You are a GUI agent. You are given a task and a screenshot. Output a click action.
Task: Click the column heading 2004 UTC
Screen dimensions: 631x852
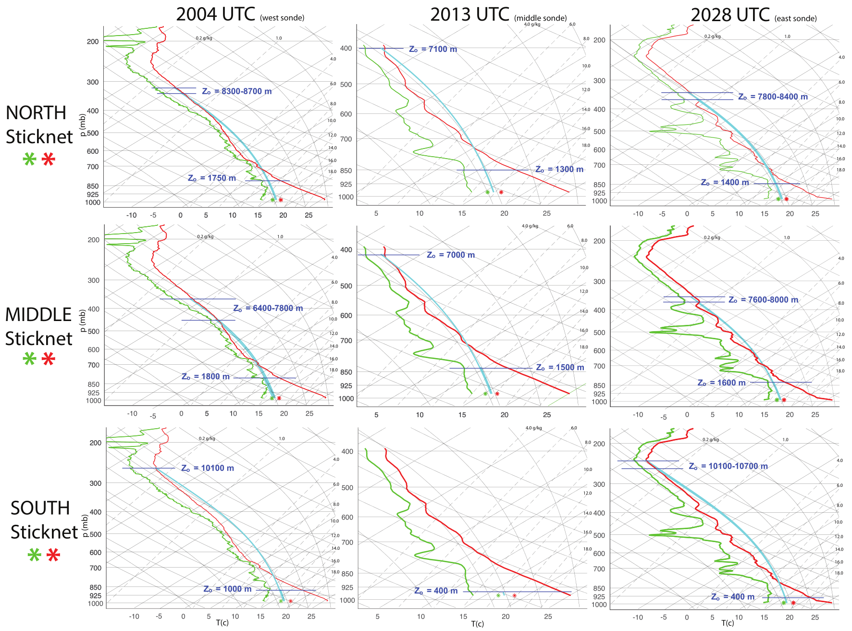(x=215, y=14)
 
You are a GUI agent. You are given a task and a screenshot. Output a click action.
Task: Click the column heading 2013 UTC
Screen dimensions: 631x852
(x=469, y=15)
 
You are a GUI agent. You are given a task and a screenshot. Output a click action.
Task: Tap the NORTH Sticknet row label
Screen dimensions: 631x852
(x=38, y=124)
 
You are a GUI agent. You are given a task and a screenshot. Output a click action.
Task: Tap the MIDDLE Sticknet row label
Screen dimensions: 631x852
(x=38, y=326)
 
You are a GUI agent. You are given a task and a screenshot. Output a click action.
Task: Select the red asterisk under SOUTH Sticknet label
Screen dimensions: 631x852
(x=53, y=556)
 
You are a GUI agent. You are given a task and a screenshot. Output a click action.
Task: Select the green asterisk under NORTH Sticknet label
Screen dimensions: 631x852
(x=30, y=160)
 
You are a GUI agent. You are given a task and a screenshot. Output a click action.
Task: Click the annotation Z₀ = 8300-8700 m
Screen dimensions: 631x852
(x=236, y=91)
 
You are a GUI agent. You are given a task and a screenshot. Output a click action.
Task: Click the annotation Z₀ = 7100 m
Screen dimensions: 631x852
(x=433, y=49)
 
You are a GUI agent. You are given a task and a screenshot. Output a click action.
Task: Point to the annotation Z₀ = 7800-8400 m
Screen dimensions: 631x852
(x=773, y=97)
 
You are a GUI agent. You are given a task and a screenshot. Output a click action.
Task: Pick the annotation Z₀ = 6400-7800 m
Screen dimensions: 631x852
(x=268, y=308)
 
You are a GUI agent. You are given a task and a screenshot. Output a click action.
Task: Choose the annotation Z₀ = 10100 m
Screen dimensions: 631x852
(x=208, y=468)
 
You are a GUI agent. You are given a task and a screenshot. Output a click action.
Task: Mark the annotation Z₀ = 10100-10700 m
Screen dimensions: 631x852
(x=728, y=466)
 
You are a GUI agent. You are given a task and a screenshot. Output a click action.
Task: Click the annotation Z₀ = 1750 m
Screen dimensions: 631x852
(x=211, y=178)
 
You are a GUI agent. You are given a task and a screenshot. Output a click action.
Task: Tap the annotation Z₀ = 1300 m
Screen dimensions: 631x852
(x=559, y=169)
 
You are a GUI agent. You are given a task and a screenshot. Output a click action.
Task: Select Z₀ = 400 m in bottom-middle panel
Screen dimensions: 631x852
(x=436, y=591)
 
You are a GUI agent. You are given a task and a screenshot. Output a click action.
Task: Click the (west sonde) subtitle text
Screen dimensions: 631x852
(x=282, y=18)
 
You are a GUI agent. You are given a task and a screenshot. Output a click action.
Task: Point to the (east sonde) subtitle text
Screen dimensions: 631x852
(x=795, y=19)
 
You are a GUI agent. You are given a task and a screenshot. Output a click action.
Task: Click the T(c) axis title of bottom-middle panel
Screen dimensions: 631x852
(x=477, y=624)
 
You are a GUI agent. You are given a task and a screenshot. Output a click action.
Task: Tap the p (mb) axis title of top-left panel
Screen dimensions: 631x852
(x=83, y=125)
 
